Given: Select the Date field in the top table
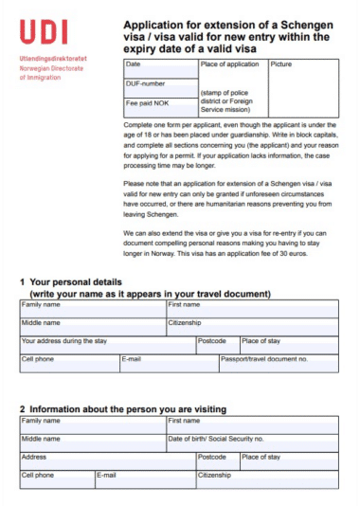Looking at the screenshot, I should [x=160, y=69].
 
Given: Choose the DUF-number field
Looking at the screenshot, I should [x=160, y=89].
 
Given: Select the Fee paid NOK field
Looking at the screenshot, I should [x=160, y=107].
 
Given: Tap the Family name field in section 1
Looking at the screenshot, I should [x=92, y=310].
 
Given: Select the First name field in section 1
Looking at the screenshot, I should [x=251, y=310].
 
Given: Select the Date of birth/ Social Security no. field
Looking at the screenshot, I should [x=251, y=443].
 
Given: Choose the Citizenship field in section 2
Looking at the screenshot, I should [x=265, y=479].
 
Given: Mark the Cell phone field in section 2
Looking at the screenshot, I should [x=56, y=479].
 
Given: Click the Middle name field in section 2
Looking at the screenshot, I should [x=92, y=443].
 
